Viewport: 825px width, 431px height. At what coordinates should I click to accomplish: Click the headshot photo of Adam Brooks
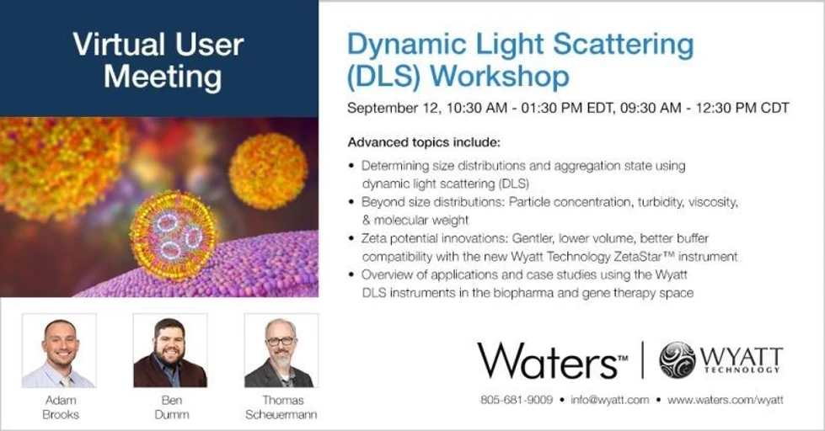point(58,350)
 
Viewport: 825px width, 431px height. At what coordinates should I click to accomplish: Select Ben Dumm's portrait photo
point(169,350)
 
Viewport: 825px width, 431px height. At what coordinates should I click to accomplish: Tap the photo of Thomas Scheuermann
point(281,350)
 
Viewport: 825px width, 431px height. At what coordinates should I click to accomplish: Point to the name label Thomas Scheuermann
point(281,407)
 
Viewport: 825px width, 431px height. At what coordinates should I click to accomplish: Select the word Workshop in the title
point(500,76)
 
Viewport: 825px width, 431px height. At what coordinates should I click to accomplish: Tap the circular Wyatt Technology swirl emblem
point(677,359)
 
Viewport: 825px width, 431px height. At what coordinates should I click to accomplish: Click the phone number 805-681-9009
point(516,400)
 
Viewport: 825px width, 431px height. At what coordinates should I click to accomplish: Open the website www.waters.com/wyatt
point(726,400)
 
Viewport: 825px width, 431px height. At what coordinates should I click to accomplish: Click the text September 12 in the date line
point(386,109)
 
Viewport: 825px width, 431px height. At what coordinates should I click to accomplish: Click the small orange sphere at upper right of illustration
point(268,171)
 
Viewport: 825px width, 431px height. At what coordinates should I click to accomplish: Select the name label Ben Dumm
point(169,407)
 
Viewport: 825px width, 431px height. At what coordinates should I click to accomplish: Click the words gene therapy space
point(645,293)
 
